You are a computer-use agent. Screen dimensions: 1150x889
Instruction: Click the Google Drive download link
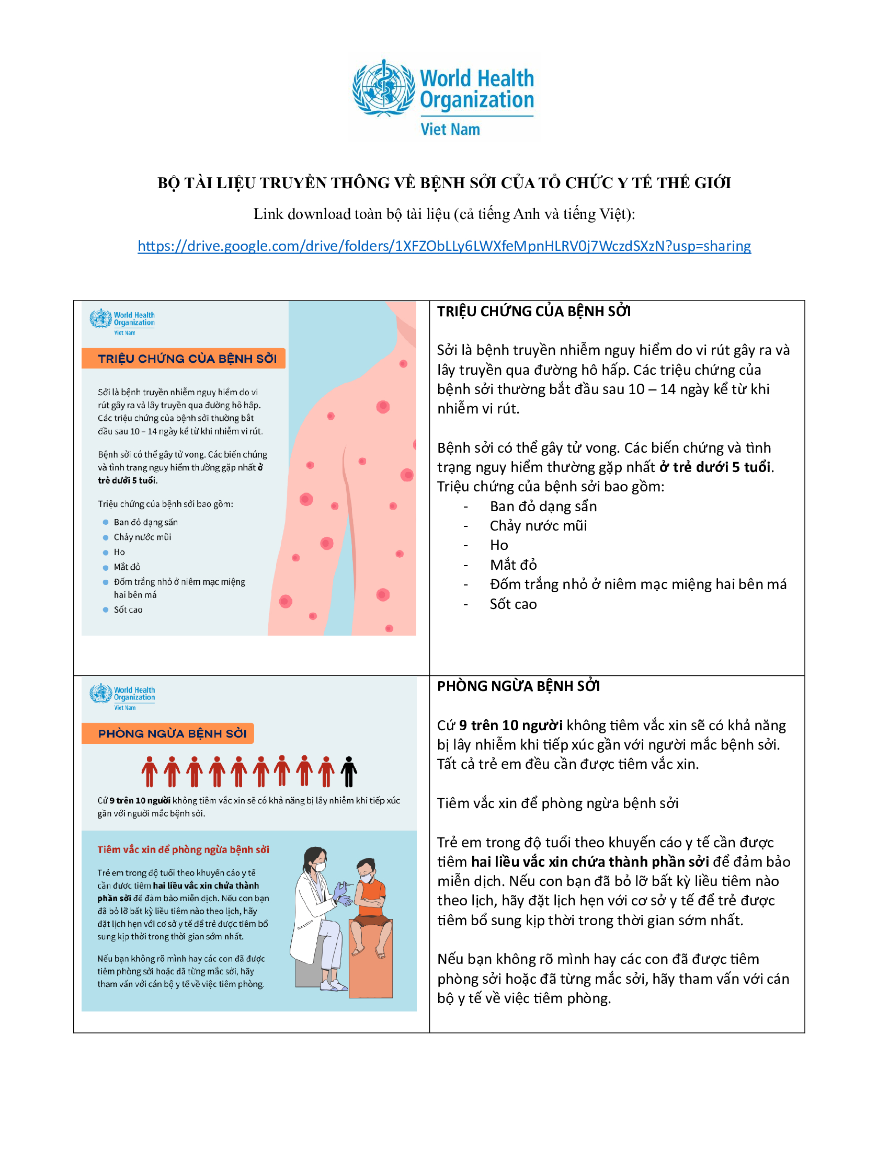click(x=444, y=246)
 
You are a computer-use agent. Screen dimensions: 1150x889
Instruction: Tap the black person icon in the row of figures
click(x=349, y=772)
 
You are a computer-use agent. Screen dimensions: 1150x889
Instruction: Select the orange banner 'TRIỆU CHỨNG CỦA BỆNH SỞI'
click(x=183, y=359)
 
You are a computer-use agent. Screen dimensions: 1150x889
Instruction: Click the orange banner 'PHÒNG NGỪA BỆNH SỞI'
click(x=168, y=733)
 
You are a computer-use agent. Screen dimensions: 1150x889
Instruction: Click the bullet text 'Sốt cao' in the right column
click(x=513, y=604)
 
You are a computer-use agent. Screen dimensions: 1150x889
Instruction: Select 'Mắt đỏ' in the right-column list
click(x=513, y=565)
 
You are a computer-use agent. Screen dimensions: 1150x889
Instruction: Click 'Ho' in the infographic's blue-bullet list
click(x=119, y=552)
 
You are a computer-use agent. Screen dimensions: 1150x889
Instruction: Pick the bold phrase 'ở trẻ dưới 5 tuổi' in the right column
click(x=715, y=467)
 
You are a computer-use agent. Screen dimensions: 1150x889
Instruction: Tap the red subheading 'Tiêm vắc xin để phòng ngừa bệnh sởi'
click(x=183, y=849)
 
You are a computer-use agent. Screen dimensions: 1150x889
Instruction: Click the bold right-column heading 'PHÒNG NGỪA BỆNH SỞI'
click(x=518, y=686)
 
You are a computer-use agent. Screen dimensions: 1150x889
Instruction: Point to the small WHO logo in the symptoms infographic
click(x=122, y=321)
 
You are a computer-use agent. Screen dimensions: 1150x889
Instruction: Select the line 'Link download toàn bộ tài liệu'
click(x=444, y=214)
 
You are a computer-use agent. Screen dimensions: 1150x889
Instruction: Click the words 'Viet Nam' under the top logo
click(x=450, y=130)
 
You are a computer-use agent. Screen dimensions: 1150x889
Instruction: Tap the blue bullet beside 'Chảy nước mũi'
click(x=105, y=537)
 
